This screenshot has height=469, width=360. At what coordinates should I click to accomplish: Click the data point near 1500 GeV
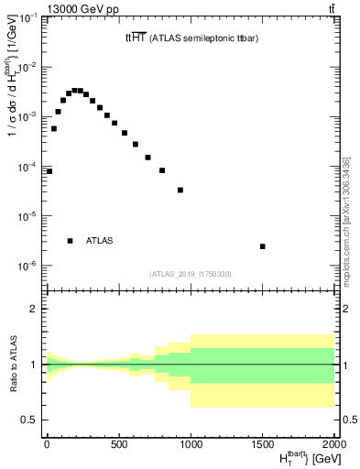(x=263, y=246)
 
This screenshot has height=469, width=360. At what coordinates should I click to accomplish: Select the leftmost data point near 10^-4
(x=49, y=171)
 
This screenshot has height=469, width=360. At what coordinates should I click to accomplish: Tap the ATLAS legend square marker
(x=70, y=241)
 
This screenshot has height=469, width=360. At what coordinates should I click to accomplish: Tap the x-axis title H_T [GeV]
(x=298, y=458)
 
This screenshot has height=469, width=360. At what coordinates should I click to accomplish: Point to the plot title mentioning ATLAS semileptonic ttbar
(x=191, y=38)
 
